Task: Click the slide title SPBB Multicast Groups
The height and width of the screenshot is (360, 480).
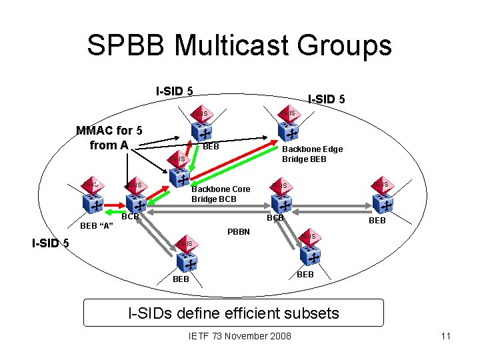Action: (x=239, y=45)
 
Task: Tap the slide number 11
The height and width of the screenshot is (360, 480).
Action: (x=446, y=335)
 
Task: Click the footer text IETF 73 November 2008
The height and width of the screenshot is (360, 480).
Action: (x=240, y=335)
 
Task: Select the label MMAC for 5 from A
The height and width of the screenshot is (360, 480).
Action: (x=109, y=137)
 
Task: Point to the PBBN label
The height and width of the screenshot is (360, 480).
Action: (x=238, y=232)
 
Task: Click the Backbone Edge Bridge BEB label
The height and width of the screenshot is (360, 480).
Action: (x=312, y=154)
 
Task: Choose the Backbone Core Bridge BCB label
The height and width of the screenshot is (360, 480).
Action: (x=221, y=194)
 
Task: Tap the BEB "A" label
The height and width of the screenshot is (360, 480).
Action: (x=97, y=225)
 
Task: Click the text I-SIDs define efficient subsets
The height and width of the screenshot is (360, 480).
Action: (x=233, y=312)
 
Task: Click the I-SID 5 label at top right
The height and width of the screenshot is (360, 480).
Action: (x=326, y=99)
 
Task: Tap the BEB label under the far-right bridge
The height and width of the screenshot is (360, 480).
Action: (x=377, y=221)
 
